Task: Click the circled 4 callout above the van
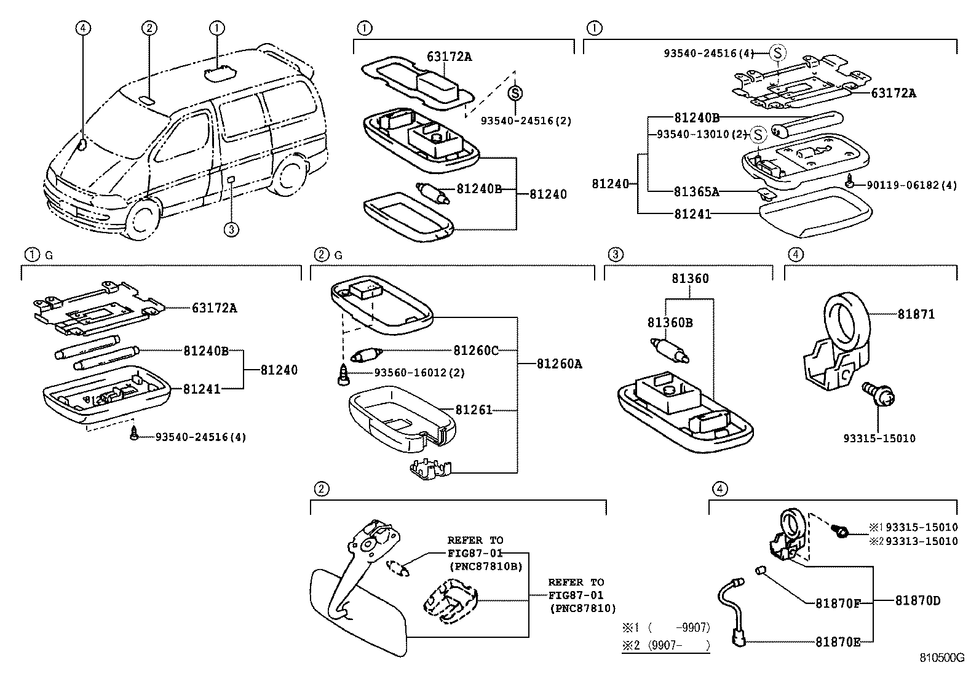pyautogui.click(x=83, y=27)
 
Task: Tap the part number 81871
pyautogui.click(x=916, y=314)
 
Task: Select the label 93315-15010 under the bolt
pyautogui.click(x=879, y=439)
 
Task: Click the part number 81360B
pyautogui.click(x=669, y=322)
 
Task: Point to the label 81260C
pyautogui.click(x=476, y=351)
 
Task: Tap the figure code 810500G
pyautogui.click(x=941, y=658)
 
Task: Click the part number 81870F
pyautogui.click(x=838, y=603)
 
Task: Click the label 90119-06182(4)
pyautogui.click(x=911, y=185)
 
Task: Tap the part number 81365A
pyautogui.click(x=696, y=191)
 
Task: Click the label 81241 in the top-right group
pyautogui.click(x=692, y=214)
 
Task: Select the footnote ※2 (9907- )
pyautogui.click(x=665, y=645)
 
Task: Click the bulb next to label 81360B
pyautogui.click(x=669, y=350)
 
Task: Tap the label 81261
pyautogui.click(x=474, y=410)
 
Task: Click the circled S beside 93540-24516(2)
pyautogui.click(x=515, y=93)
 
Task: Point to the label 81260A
pyautogui.click(x=559, y=364)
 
